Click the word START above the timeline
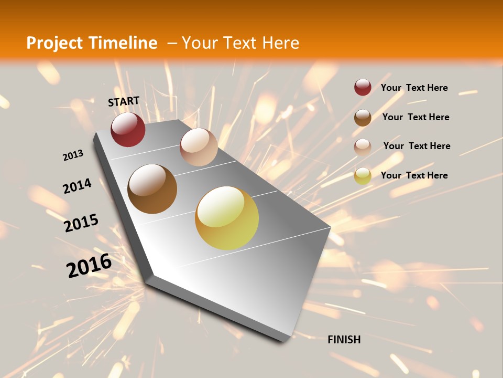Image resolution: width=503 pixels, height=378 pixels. (x=124, y=101)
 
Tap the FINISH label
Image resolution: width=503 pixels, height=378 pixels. (x=344, y=340)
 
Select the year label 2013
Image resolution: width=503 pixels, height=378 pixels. (x=73, y=155)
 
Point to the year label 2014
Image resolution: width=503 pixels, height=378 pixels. (x=77, y=186)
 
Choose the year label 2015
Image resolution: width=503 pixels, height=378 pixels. (x=81, y=223)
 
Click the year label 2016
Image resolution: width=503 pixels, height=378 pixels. (x=89, y=266)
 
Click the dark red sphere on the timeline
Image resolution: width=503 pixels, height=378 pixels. (x=128, y=129)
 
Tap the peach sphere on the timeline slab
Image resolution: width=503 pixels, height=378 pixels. (x=199, y=147)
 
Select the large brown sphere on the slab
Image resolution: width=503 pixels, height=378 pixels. (x=152, y=189)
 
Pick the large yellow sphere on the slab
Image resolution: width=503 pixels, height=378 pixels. (x=227, y=218)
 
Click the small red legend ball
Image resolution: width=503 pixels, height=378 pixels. (x=363, y=87)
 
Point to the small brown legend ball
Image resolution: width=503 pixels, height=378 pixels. (x=363, y=118)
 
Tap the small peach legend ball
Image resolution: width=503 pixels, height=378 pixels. (x=363, y=147)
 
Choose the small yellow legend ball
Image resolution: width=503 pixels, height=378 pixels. (x=363, y=176)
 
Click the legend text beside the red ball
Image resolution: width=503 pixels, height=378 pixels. (x=414, y=88)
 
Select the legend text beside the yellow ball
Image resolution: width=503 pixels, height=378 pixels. (x=414, y=175)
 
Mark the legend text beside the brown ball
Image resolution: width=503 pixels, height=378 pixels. (x=416, y=117)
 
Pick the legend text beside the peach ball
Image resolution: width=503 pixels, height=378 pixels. (x=417, y=146)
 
